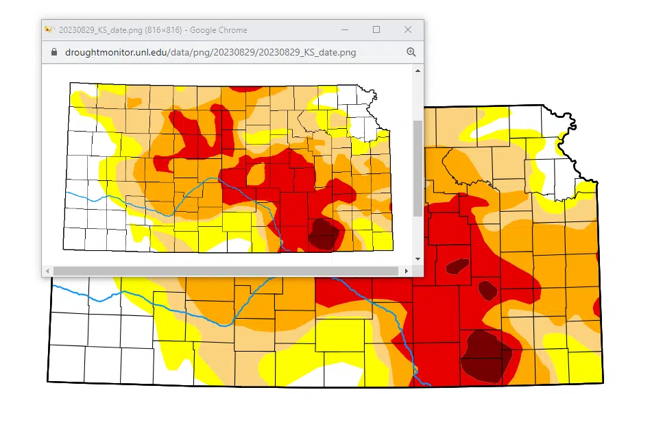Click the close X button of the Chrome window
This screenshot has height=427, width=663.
tap(408, 29)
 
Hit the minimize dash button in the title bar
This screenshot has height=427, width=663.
tap(345, 29)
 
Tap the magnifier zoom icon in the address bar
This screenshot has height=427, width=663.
tap(411, 52)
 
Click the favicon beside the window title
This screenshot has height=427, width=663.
tap(49, 29)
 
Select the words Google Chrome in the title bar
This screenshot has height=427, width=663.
tap(218, 30)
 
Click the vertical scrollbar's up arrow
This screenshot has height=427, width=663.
tap(418, 70)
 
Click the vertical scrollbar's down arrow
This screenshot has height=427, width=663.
tap(418, 259)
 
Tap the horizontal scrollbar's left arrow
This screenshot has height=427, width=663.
tap(47, 271)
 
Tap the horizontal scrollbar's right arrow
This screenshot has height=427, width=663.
tap(407, 271)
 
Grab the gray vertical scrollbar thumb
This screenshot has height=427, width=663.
tap(418, 168)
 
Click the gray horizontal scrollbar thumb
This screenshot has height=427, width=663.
tap(226, 271)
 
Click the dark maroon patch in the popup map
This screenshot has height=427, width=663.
tap(321, 233)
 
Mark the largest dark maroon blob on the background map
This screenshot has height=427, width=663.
tap(485, 354)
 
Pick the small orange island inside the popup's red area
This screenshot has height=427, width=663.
tap(256, 173)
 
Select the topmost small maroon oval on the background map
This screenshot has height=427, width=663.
tap(457, 266)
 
